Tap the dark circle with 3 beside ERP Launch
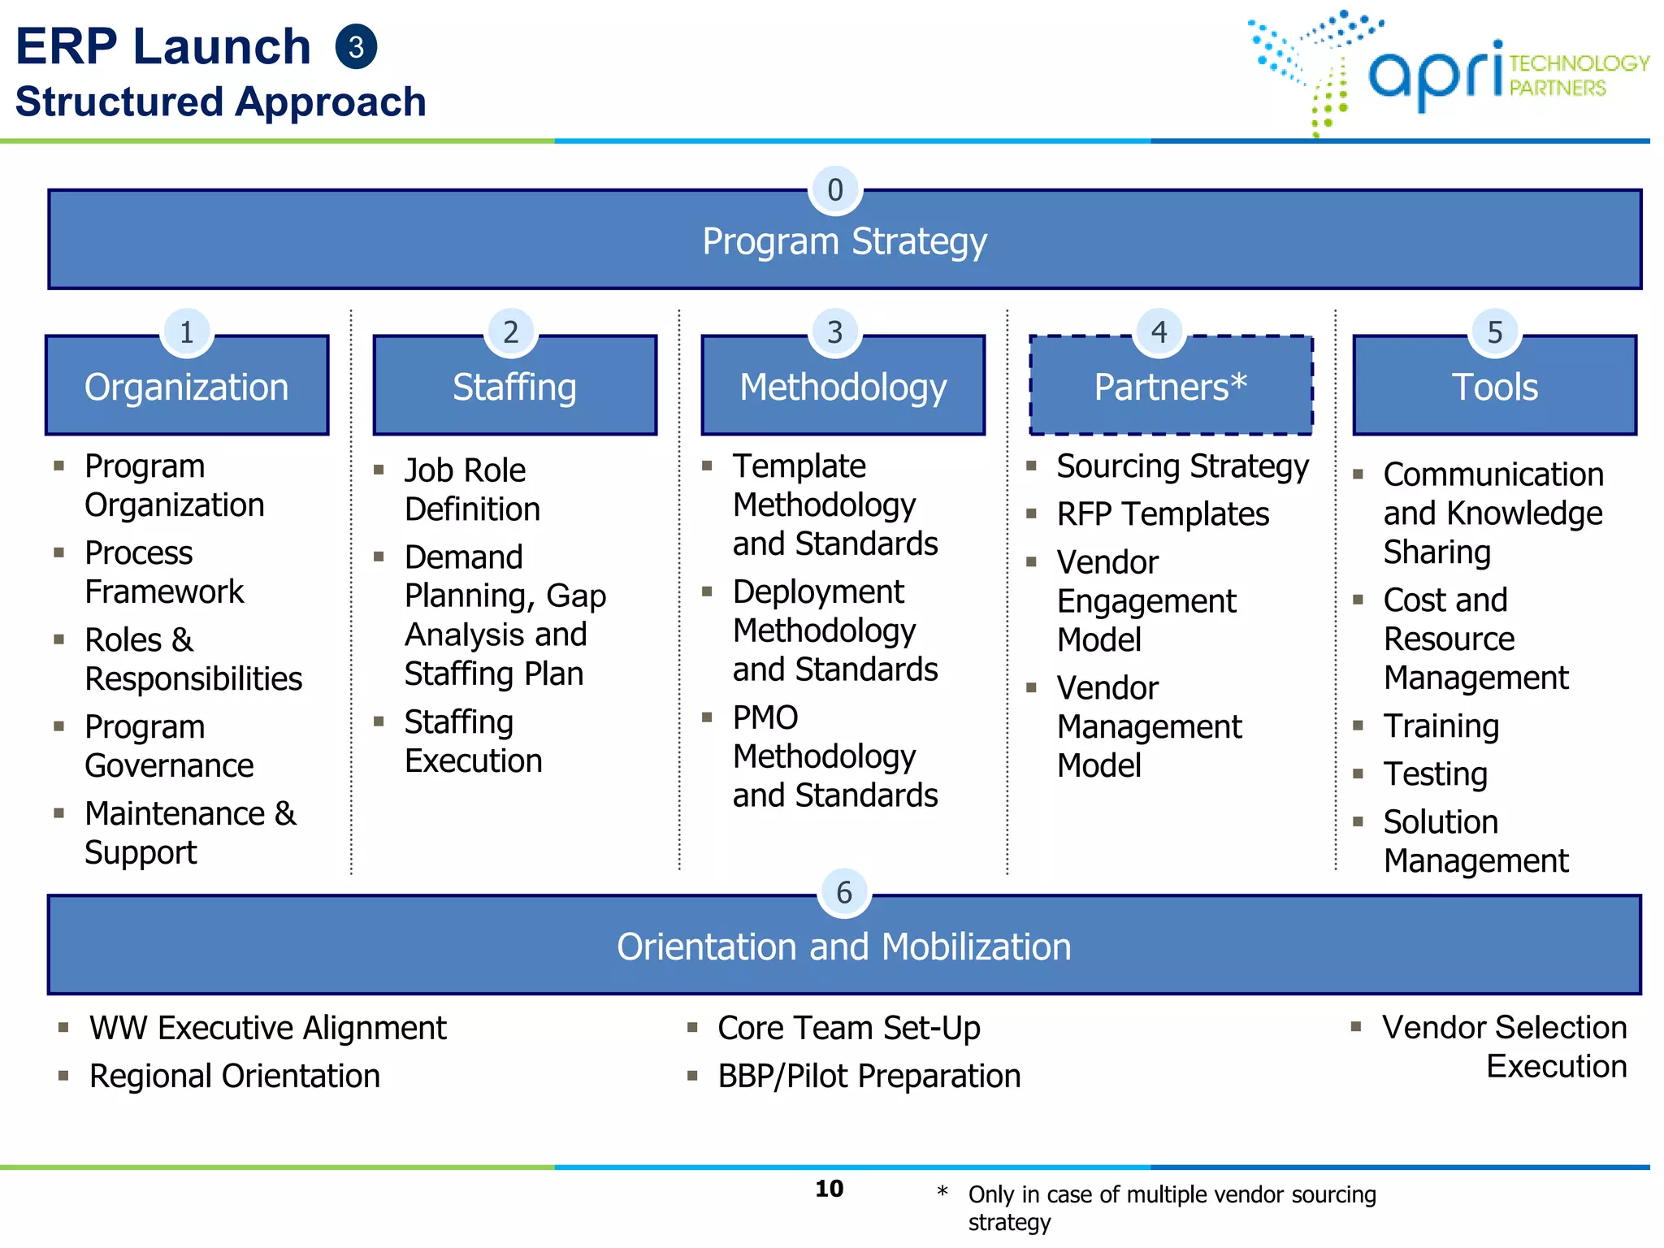(x=356, y=47)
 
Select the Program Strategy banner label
(x=844, y=241)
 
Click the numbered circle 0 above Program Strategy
(x=835, y=190)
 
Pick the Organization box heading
(x=187, y=387)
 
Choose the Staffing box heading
(x=514, y=387)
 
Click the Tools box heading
(x=1494, y=387)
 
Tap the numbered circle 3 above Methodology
(x=835, y=332)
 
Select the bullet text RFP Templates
(x=1163, y=514)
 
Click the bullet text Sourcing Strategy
(x=1182, y=466)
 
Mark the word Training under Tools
(x=1441, y=726)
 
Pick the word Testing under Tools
(x=1435, y=773)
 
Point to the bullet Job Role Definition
(x=471, y=489)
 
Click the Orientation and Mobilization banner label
(x=844, y=947)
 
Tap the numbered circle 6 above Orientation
(x=844, y=893)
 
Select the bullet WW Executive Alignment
(x=267, y=1028)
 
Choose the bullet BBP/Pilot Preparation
(x=869, y=1076)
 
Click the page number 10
(x=830, y=1189)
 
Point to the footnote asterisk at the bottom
(x=942, y=1192)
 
